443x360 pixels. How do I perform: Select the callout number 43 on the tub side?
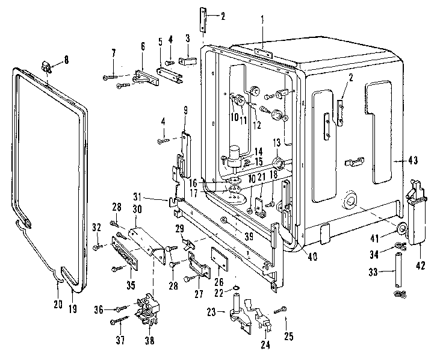click(413, 160)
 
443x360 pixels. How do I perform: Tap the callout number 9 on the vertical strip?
click(185, 110)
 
